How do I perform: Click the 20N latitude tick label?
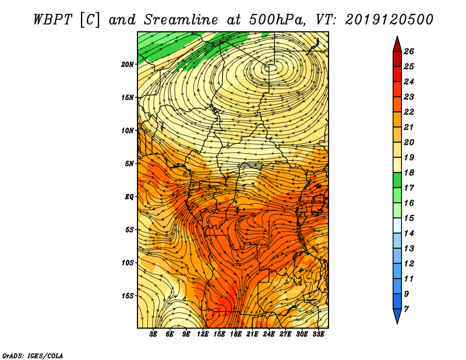pyautogui.click(x=128, y=64)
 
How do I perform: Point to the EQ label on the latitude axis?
pyautogui.click(x=129, y=196)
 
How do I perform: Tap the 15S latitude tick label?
pyautogui.click(x=128, y=295)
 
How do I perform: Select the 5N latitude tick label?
pyautogui.click(x=129, y=163)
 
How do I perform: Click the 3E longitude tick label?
pyautogui.click(x=154, y=334)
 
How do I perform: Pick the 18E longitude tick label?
pyautogui.click(x=236, y=334)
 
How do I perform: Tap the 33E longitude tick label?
pyautogui.click(x=319, y=334)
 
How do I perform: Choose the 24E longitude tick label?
pyautogui.click(x=269, y=334)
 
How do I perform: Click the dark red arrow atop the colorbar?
pyautogui.click(x=397, y=44)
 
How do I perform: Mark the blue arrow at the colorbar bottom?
pyautogui.click(x=397, y=316)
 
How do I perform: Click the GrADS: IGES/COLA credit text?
pyautogui.click(x=33, y=355)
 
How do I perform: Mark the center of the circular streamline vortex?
pyautogui.click(x=270, y=68)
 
